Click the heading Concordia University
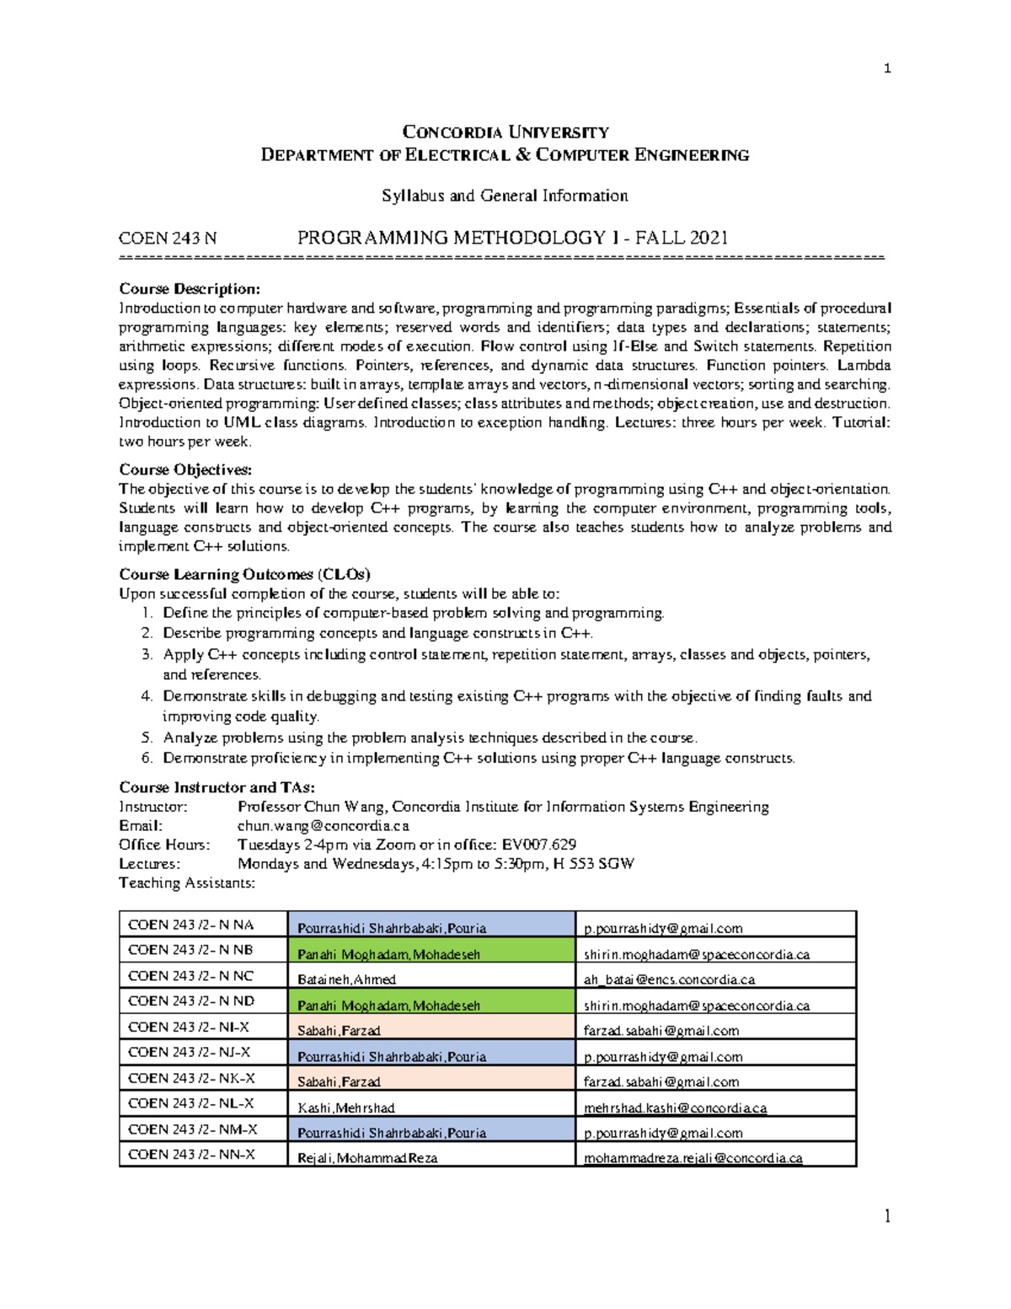pos(505,132)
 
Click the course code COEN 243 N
pos(168,239)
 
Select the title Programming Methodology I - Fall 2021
pos(512,238)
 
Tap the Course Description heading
pos(190,289)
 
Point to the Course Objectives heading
pos(185,469)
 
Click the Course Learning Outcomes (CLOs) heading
pos(244,574)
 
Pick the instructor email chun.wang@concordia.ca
pos(323,826)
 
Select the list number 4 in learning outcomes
pos(147,696)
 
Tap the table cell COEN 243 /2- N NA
pos(190,925)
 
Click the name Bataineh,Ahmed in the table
pos(346,979)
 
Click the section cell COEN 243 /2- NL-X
pos(190,1103)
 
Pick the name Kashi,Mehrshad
pos(345,1108)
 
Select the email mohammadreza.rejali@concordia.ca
pos(693,1158)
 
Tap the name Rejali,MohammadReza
pos(367,1158)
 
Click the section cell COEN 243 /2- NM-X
pos(192,1129)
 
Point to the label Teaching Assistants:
pos(186,883)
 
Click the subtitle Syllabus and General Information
pos(505,196)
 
